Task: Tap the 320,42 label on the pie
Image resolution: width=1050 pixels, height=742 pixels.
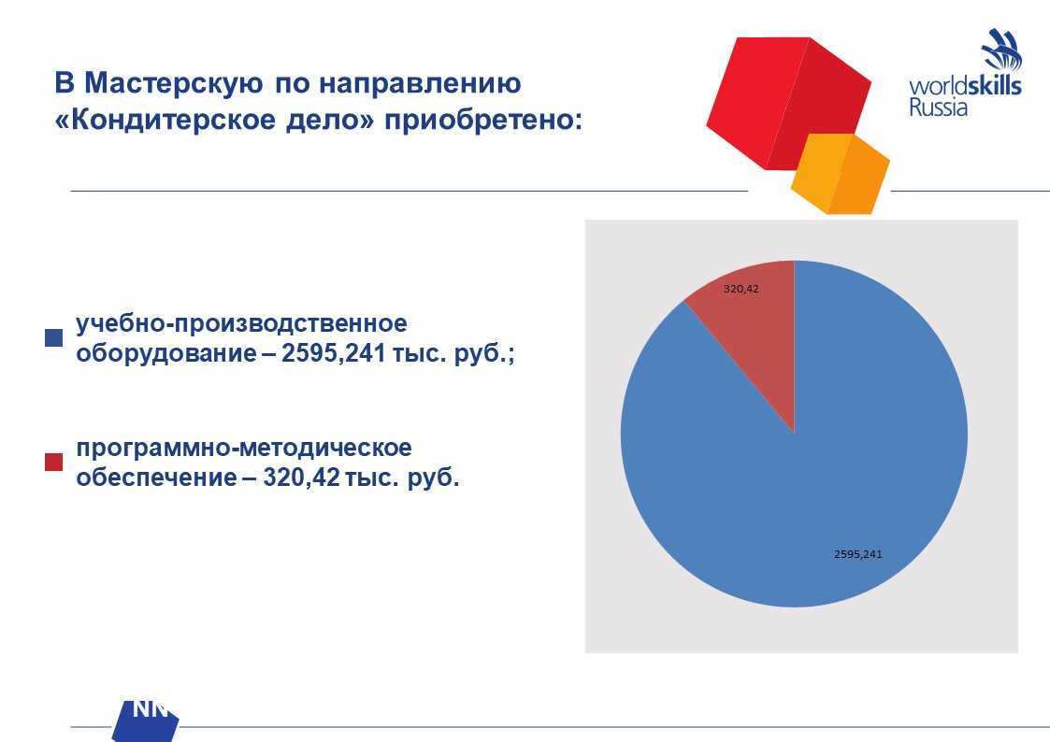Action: [x=741, y=289]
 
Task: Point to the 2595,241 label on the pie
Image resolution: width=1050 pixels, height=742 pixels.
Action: [x=857, y=554]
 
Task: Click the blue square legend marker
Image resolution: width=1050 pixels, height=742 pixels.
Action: [x=53, y=337]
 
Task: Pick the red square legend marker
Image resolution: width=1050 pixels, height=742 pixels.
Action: [x=53, y=463]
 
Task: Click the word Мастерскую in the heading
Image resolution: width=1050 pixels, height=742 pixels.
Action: [x=173, y=84]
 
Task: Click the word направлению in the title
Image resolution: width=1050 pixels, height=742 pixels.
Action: [x=420, y=84]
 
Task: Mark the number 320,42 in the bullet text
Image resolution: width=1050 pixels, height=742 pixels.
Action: [x=302, y=478]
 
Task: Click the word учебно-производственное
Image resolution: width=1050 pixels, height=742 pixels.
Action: [x=242, y=324]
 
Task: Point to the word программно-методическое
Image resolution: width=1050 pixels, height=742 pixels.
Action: [x=244, y=449]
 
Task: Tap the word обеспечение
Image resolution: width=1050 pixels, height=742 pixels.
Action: [x=157, y=478]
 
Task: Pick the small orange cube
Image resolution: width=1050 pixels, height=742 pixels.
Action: [x=841, y=174]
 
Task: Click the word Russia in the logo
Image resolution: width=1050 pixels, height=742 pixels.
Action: [x=938, y=107]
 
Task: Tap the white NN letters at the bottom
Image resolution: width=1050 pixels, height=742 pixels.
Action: [x=150, y=708]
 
